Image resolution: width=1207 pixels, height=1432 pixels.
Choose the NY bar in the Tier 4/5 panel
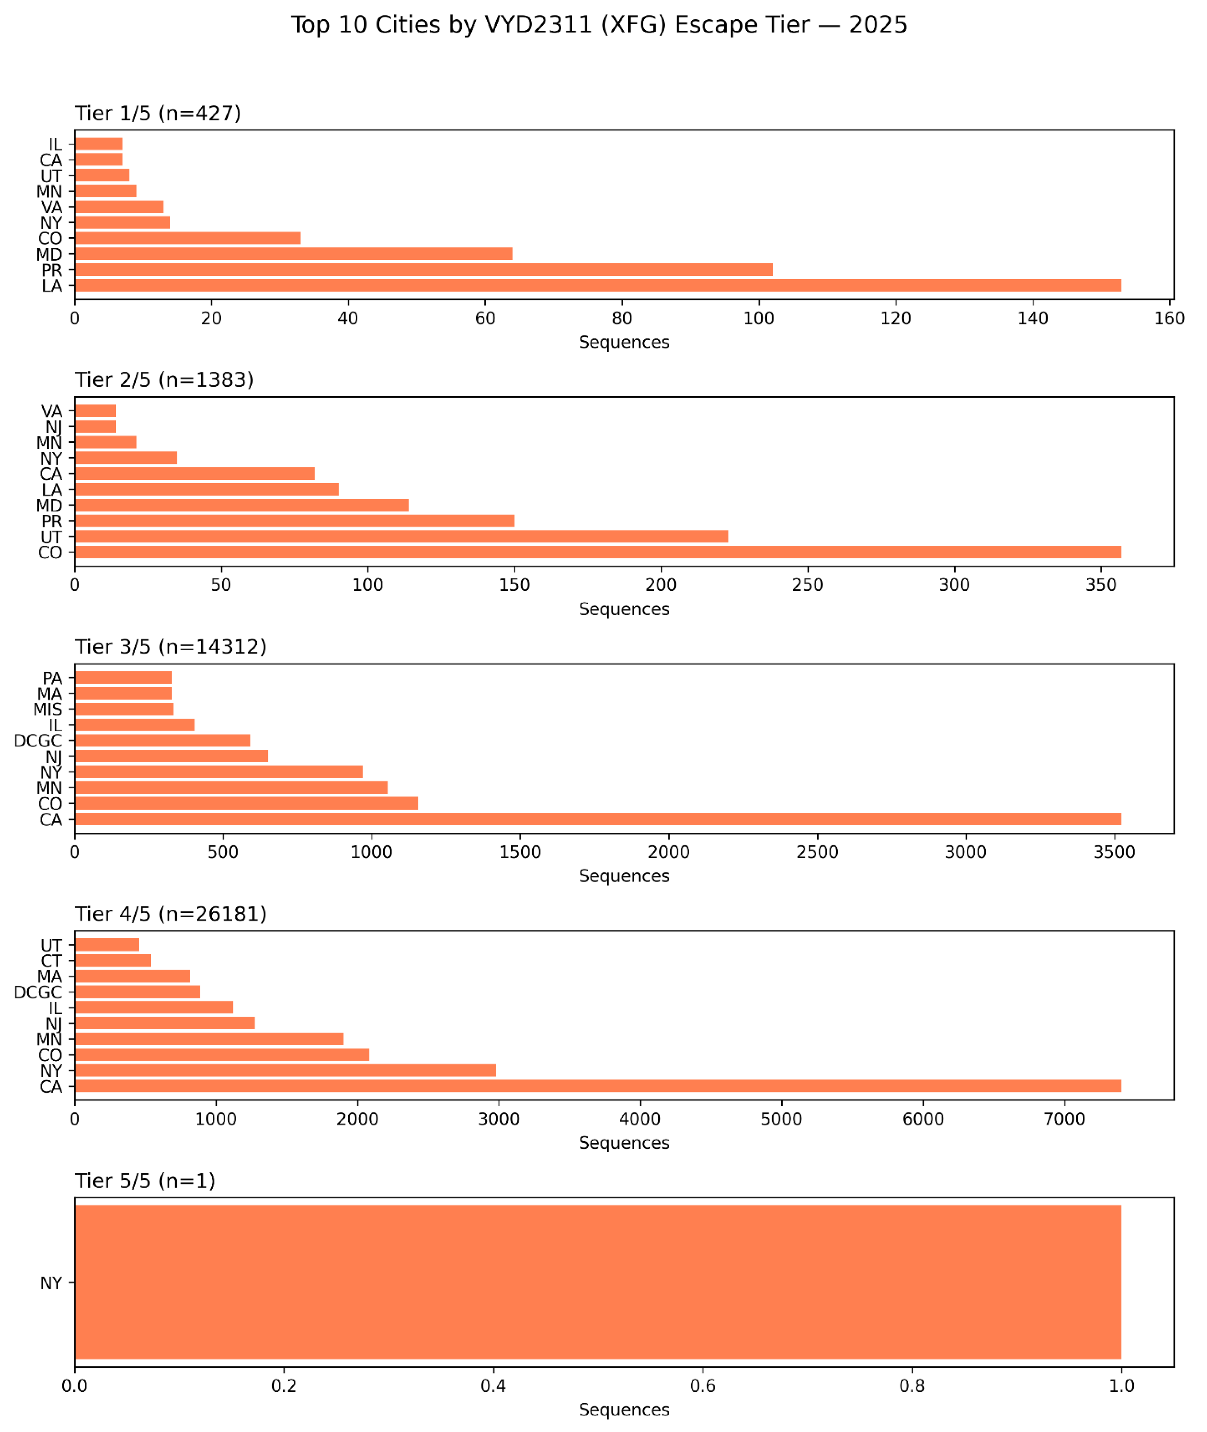point(285,1070)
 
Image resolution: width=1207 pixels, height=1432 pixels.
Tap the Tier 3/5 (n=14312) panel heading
point(171,647)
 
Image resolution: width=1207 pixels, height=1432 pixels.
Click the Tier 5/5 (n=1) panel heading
point(145,1181)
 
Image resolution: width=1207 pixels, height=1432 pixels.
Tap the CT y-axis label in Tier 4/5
point(51,961)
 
